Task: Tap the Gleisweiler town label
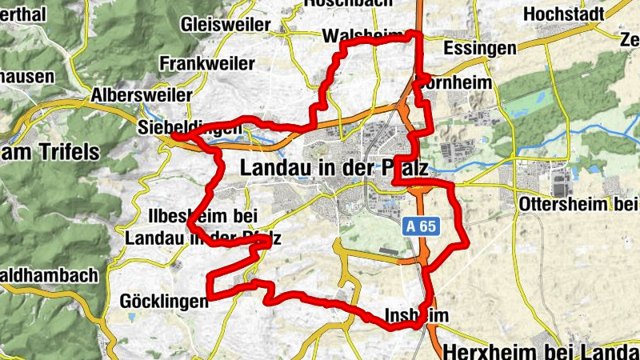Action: (226, 25)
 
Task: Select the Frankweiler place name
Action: (207, 62)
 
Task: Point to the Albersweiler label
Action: (142, 94)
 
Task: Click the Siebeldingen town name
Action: (190, 127)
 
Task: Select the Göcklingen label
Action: (163, 301)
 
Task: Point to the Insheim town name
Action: (411, 314)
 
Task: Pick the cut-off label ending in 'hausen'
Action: (27, 77)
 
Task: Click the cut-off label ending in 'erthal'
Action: (24, 14)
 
